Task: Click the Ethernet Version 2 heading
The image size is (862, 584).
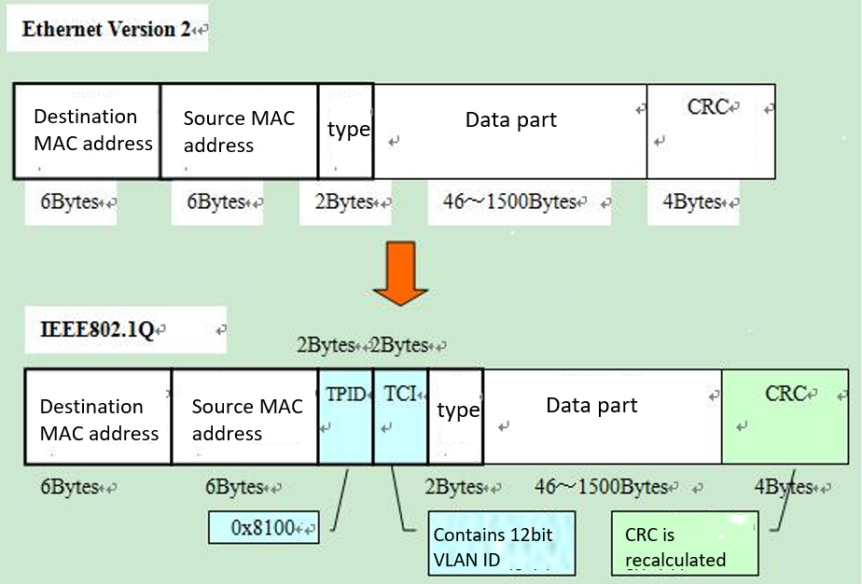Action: coord(105,29)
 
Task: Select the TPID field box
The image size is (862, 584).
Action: coord(346,416)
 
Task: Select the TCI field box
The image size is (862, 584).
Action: coord(400,416)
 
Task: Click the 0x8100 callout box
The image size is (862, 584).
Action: coord(263,528)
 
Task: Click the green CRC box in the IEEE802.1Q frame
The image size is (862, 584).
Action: coord(785,416)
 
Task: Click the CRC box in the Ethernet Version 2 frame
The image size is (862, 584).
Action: coord(709,131)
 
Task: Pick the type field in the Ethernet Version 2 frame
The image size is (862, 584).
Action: coord(346,131)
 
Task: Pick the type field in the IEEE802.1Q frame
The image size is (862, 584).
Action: coord(455,416)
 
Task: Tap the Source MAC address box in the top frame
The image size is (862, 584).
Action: coord(239,131)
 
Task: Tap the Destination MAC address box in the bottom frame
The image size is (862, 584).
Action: coord(98,416)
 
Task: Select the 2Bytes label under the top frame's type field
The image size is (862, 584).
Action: coord(341,202)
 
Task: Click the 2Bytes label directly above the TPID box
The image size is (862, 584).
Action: coord(327,345)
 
